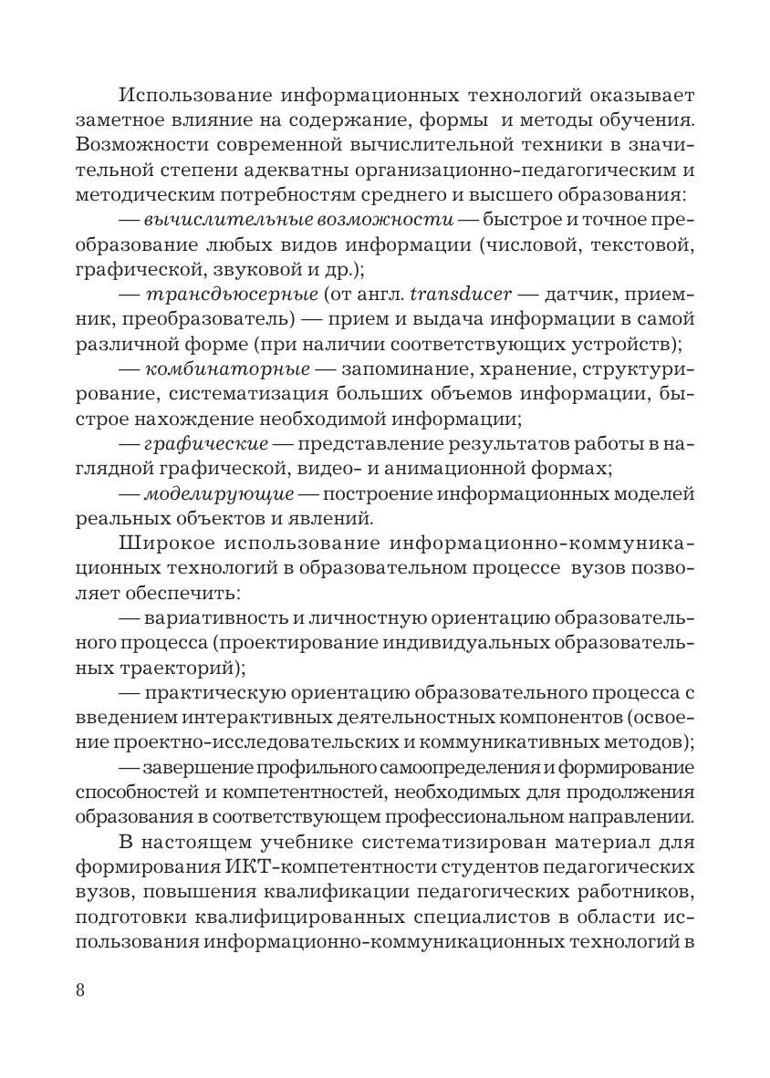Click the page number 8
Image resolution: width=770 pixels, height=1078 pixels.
point(79,991)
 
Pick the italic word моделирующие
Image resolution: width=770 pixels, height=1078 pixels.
point(219,494)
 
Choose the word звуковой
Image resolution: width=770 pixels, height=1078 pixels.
point(251,270)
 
